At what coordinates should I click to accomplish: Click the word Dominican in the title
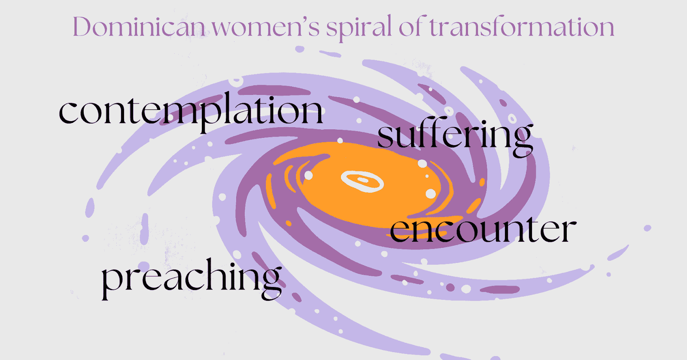point(139,27)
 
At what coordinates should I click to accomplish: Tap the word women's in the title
point(266,27)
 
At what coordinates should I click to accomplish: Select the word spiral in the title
point(359,28)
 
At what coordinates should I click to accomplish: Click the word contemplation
point(191,112)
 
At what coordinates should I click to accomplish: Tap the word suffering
point(455,137)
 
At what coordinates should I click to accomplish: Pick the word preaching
point(192,279)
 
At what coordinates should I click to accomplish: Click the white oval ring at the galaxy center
point(362,181)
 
